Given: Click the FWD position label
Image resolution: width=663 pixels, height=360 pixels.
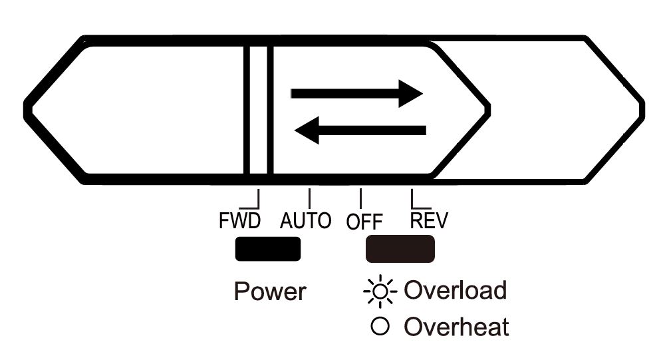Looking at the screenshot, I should [239, 220].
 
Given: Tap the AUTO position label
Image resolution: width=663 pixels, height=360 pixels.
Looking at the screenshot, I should [305, 220].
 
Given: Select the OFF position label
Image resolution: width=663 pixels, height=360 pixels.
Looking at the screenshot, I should [364, 222].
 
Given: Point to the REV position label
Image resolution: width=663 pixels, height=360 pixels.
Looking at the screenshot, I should [429, 220].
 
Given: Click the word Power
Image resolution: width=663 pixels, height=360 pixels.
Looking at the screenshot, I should [269, 291].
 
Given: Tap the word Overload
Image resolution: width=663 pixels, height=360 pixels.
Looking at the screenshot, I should [456, 290].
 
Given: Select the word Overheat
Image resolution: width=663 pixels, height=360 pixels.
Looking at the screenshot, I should [457, 327].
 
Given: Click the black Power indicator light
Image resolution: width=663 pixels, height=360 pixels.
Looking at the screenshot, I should [267, 249].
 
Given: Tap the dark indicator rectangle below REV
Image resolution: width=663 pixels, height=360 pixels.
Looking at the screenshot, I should [400, 249].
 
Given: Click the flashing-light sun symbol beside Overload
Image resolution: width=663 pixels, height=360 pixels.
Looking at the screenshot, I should [380, 291].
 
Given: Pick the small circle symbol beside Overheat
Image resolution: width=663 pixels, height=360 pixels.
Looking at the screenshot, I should [381, 327].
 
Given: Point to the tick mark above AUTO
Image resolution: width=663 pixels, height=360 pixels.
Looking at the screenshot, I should [309, 198].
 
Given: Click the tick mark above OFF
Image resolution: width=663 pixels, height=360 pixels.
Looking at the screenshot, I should [360, 198].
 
